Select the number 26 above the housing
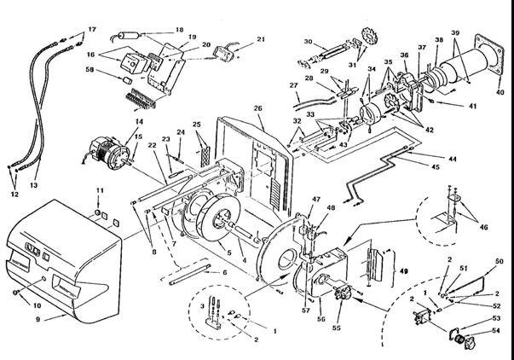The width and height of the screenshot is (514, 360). click(257, 108)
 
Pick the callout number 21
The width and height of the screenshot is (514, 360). click(261, 39)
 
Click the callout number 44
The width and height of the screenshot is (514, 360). click(450, 158)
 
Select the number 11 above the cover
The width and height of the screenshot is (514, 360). click(99, 189)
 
